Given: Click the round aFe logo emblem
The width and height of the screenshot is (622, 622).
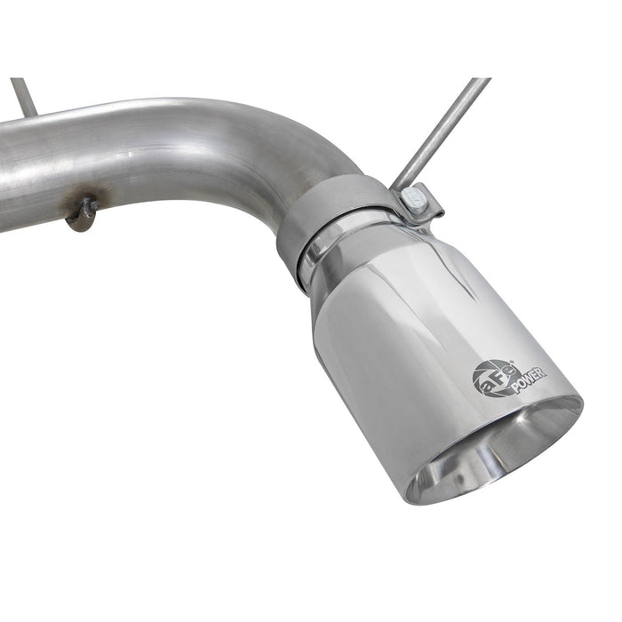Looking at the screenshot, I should click(491, 376).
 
